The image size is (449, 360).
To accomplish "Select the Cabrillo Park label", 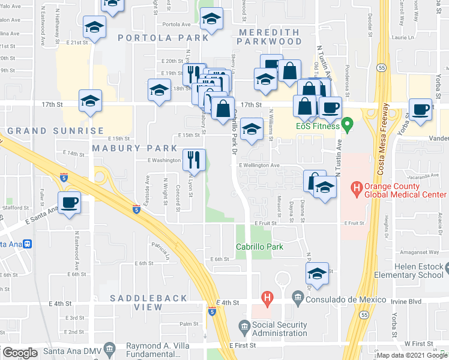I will click(259, 247).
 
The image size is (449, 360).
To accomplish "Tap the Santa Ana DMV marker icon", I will click(109, 348).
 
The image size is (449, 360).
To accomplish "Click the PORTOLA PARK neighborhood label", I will click(154, 37).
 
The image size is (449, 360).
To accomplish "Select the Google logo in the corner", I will click(20, 353).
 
